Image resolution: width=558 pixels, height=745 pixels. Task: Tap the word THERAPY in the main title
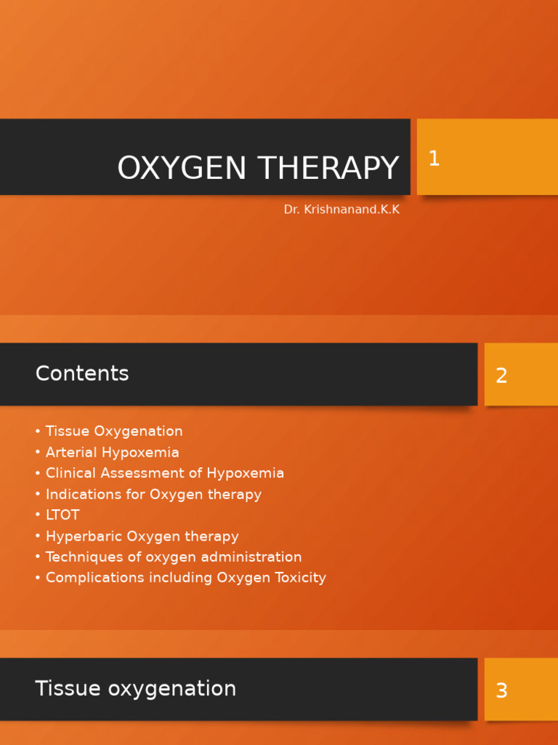328,169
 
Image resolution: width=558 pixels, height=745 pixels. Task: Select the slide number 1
434,159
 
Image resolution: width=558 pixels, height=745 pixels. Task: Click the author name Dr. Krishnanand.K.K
341,210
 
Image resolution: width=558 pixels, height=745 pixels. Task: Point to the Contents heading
82,374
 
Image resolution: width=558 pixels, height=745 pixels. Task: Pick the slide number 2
501,376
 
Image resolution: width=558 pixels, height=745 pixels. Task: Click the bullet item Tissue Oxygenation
114,431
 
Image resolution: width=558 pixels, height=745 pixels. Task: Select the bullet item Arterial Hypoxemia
112,453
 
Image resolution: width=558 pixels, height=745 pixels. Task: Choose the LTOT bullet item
62,515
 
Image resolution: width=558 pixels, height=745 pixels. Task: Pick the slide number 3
501,691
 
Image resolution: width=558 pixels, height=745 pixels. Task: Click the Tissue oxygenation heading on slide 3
136,689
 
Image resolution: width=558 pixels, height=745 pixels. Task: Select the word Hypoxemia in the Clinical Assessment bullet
245,474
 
